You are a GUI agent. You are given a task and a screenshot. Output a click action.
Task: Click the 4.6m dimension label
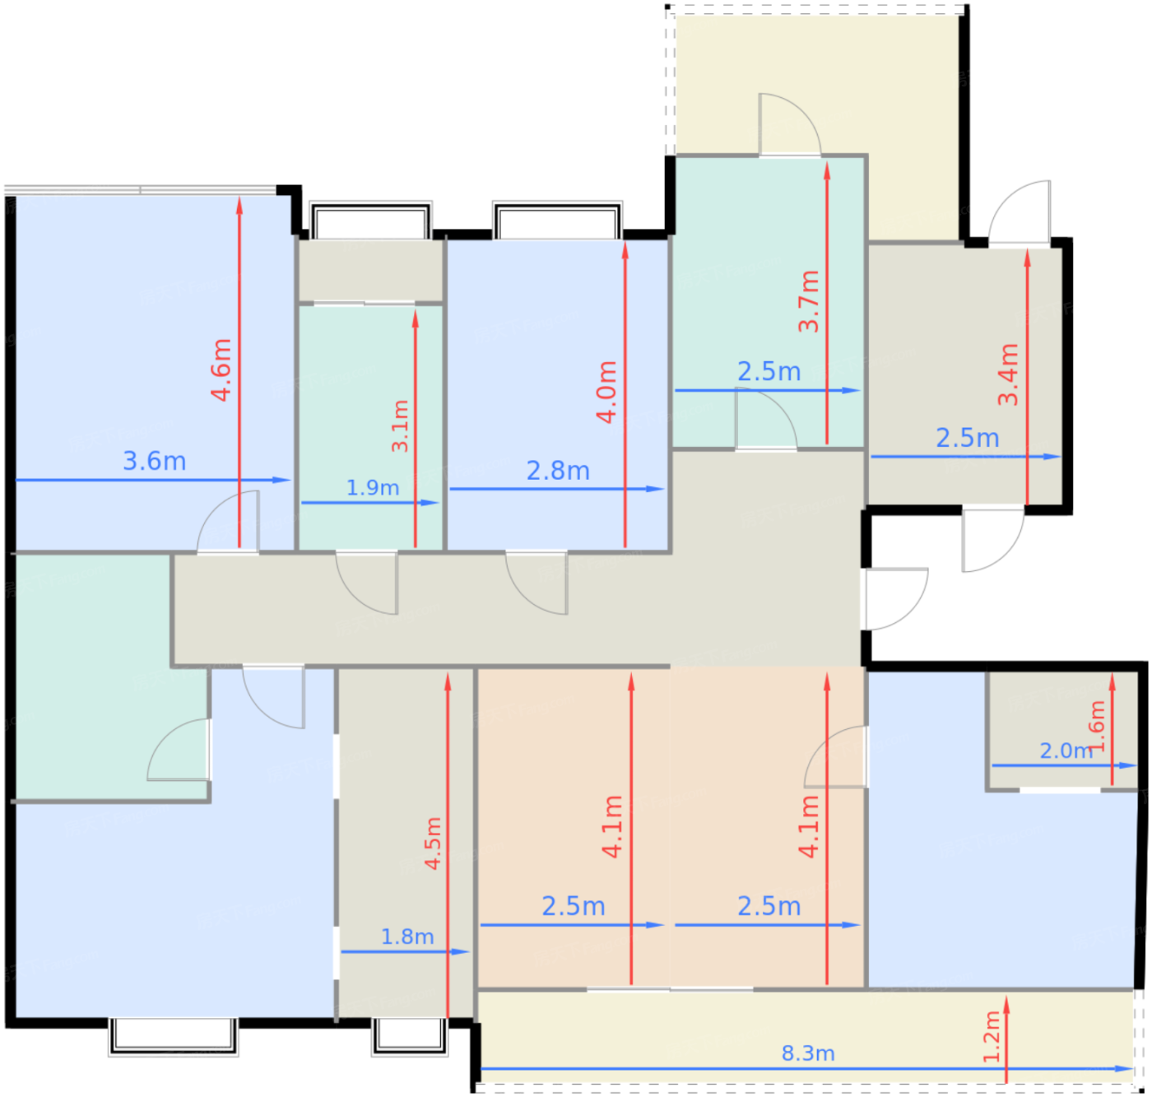(221, 370)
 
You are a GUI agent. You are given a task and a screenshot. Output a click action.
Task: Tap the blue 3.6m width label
(154, 461)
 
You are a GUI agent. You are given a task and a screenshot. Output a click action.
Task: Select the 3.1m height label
(400, 426)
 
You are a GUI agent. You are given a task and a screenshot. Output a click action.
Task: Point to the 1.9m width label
(373, 487)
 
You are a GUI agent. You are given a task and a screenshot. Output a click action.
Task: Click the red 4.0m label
(606, 392)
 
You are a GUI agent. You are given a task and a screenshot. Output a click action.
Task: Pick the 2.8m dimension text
(558, 471)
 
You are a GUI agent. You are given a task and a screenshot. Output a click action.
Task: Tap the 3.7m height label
(809, 301)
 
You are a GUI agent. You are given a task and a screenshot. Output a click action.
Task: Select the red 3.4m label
(1008, 374)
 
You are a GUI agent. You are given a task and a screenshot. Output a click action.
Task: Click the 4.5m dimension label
(433, 844)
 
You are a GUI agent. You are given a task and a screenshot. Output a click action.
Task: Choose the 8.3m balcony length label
(808, 1053)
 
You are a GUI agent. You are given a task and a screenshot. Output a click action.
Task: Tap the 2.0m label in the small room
(1066, 751)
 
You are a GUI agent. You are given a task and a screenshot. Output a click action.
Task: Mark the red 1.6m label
(1096, 727)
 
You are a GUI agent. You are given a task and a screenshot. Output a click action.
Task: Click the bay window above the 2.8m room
(557, 221)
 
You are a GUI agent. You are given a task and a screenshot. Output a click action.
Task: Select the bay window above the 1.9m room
(370, 221)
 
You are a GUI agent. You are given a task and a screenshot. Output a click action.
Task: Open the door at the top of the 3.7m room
(789, 125)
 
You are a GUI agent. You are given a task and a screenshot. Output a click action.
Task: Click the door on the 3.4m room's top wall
(1019, 212)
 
